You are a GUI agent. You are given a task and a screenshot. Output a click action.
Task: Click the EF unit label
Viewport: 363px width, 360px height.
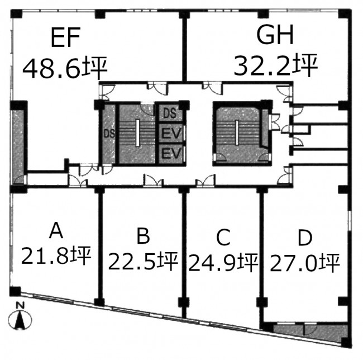click(x=65, y=37)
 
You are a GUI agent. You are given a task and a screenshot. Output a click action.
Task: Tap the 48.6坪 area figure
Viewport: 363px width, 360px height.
click(x=65, y=68)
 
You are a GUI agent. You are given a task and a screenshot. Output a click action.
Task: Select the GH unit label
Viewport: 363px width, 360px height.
click(x=275, y=34)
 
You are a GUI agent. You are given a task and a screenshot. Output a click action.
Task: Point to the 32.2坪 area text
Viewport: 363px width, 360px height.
click(x=275, y=65)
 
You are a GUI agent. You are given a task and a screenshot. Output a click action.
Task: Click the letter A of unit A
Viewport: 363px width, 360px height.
click(x=56, y=230)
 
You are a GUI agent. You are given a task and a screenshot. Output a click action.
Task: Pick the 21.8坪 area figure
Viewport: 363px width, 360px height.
click(x=56, y=255)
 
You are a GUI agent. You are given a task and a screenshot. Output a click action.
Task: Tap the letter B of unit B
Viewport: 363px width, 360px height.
click(x=143, y=236)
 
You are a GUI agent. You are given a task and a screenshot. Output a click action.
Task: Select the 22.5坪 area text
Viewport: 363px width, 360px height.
click(x=143, y=261)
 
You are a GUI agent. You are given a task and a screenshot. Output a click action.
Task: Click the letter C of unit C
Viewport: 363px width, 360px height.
click(x=223, y=237)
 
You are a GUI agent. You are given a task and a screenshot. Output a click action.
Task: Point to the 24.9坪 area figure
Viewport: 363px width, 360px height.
click(x=223, y=262)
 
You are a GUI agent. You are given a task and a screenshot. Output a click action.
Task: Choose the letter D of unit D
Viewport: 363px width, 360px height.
click(x=305, y=238)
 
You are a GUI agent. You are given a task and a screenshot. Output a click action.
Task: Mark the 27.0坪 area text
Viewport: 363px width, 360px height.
click(x=305, y=263)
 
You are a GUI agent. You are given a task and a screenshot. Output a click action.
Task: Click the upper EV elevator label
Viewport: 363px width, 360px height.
click(x=171, y=134)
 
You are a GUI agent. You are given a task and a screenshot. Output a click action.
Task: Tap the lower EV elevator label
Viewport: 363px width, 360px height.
click(x=171, y=153)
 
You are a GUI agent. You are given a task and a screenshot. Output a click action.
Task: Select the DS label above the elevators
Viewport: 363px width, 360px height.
click(x=170, y=113)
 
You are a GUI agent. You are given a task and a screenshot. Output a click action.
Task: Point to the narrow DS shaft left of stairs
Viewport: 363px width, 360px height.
click(x=109, y=134)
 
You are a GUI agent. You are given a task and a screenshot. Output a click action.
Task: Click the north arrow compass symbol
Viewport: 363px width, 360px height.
click(x=20, y=320)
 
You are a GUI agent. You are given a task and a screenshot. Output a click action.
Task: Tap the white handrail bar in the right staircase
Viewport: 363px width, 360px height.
click(x=237, y=132)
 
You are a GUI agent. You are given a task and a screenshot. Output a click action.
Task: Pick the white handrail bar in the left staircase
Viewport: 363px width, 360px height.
click(x=138, y=132)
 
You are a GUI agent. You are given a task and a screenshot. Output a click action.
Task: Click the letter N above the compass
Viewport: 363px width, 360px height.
click(x=20, y=305)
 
